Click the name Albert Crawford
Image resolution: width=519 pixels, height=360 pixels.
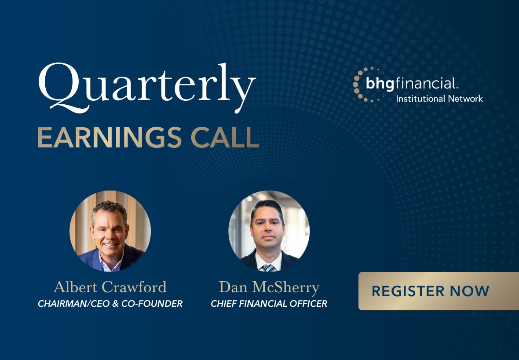coord(110,287)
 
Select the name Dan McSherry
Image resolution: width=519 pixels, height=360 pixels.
coord(269,287)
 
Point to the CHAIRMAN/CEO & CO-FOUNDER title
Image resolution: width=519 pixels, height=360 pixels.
coord(110,304)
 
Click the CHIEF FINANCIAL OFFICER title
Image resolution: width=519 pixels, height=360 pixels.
coord(269,304)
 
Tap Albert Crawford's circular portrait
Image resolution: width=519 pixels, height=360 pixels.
coord(110,231)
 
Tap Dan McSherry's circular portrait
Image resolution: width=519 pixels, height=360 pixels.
coord(269,231)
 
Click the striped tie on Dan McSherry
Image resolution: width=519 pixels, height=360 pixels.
coord(268,267)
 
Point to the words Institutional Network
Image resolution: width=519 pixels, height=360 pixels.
coord(439,99)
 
